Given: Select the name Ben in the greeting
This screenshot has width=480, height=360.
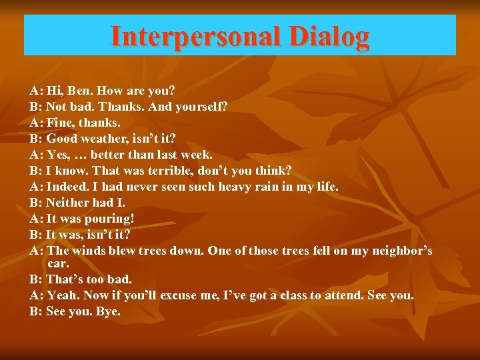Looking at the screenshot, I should tap(77, 91).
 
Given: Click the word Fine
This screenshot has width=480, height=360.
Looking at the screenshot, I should tap(61, 123).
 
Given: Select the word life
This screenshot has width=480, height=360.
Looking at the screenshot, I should tap(325, 187).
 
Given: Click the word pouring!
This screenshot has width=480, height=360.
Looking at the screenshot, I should tap(109, 219).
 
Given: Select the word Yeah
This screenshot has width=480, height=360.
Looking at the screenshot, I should tap(62, 295).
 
